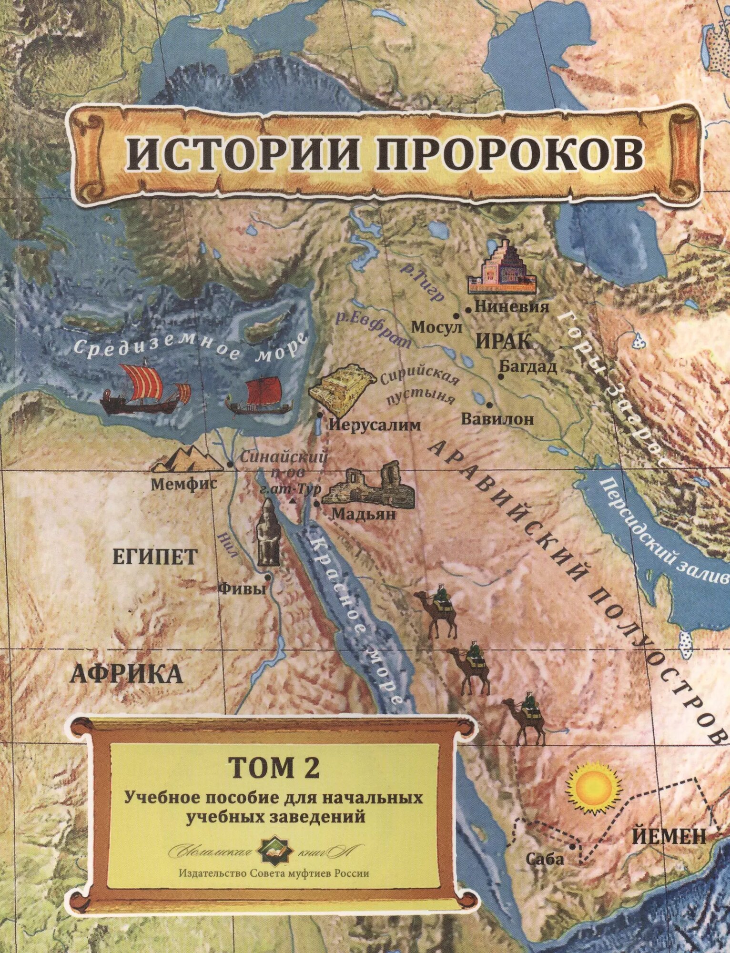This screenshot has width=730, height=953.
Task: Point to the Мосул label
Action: click(x=436, y=327)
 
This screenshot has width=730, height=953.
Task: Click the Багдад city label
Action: click(x=527, y=366)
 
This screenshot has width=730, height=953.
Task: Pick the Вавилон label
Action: click(x=497, y=419)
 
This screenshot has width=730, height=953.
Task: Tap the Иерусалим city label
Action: click(x=375, y=425)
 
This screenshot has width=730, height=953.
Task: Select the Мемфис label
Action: click(x=184, y=484)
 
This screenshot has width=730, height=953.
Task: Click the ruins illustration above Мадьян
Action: click(x=368, y=483)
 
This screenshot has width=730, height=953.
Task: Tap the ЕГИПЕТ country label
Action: click(x=154, y=557)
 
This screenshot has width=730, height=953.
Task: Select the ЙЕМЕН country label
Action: click(x=669, y=836)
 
